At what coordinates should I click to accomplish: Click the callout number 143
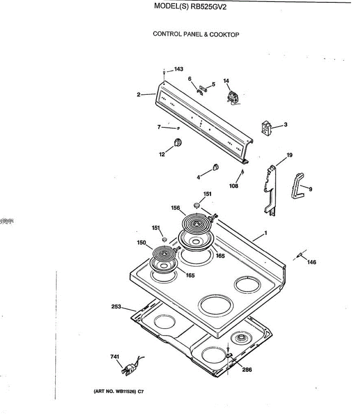pyautogui.click(x=179, y=69)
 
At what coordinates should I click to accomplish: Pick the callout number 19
pyautogui.click(x=290, y=155)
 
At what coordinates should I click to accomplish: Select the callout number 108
pyautogui.click(x=234, y=186)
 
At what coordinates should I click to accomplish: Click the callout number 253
pyautogui.click(x=116, y=306)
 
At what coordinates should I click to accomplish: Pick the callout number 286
pyautogui.click(x=247, y=370)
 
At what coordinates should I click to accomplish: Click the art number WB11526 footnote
pyautogui.click(x=119, y=392)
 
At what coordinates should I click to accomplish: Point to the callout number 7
pyautogui.click(x=159, y=127)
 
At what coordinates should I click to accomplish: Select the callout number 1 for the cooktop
pyautogui.click(x=265, y=233)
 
